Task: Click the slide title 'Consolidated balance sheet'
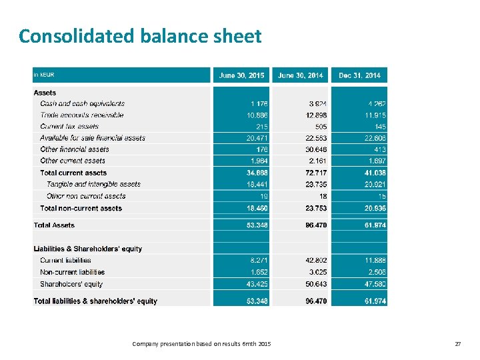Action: (x=140, y=35)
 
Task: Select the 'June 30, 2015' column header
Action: (x=241, y=75)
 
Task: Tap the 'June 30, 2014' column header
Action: (x=301, y=75)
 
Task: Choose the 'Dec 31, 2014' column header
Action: (x=359, y=75)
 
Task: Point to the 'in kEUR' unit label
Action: (x=44, y=75)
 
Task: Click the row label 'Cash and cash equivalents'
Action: (x=82, y=103)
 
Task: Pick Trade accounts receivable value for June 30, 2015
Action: (x=256, y=115)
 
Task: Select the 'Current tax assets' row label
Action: (x=69, y=127)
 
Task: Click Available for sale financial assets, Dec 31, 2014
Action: (x=373, y=138)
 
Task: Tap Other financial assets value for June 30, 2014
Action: (x=315, y=149)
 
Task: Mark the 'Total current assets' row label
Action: (x=73, y=173)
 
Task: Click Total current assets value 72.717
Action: (x=315, y=173)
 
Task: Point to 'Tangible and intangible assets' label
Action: (x=93, y=184)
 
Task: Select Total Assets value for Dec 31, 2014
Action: (x=373, y=225)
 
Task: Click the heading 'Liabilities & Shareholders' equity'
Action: (x=88, y=249)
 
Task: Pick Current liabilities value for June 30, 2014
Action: (x=315, y=260)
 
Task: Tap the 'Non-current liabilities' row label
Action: (x=72, y=272)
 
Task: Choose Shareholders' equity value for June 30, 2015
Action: (x=256, y=284)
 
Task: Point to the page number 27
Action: (x=457, y=343)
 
